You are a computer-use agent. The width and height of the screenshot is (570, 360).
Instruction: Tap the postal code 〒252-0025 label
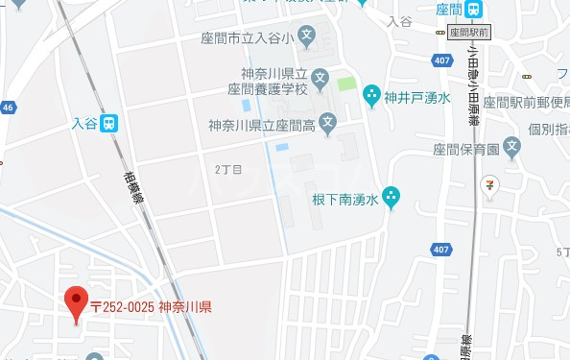tap(151, 307)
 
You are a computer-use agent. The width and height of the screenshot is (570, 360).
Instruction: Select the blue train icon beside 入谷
tap(111, 123)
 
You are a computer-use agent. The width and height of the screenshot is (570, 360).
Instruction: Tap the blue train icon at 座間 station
tap(474, 9)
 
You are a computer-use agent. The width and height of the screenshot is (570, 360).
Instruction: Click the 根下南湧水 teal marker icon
tap(391, 199)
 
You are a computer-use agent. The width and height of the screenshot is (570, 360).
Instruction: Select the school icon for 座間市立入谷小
tap(306, 39)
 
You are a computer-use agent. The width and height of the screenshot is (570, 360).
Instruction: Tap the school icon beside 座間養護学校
tap(320, 75)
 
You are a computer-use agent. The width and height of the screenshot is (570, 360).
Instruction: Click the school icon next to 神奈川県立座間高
tap(327, 123)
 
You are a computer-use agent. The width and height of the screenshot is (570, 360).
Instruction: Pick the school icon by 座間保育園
tap(512, 148)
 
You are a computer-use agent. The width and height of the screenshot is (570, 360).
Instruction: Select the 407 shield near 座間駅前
tap(441, 61)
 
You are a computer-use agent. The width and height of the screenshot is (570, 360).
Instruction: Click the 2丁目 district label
tap(227, 169)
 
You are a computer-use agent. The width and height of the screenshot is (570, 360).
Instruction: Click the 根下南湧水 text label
tap(344, 200)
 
